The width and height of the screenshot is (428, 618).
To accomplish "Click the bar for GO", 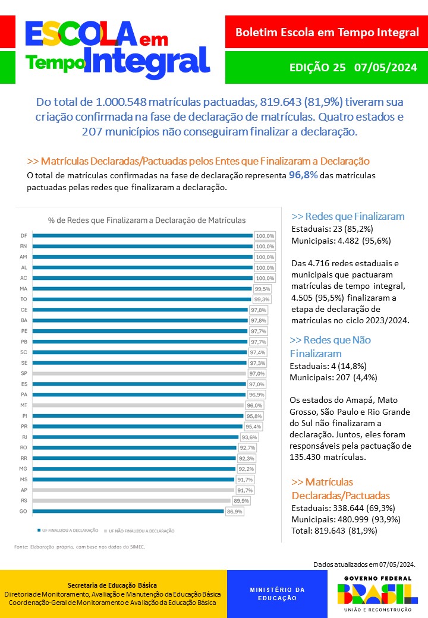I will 128,511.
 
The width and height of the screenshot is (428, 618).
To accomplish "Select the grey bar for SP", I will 139,373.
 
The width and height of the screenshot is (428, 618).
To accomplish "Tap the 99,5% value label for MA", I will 262,289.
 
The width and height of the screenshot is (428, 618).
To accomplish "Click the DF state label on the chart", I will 23,236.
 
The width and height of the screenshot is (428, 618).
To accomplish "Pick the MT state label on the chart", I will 23,405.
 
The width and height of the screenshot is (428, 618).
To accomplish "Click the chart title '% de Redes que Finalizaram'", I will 147,220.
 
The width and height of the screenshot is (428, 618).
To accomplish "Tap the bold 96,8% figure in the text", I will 303,176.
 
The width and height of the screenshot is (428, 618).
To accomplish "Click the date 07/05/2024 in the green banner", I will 385,67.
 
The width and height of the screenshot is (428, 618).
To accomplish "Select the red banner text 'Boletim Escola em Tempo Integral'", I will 327,32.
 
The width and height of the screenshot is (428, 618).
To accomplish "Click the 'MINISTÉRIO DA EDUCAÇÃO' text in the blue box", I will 277,594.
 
